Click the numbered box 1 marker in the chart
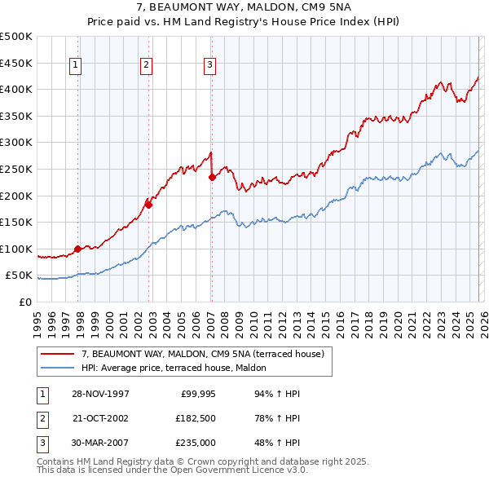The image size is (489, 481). pyautogui.click(x=75, y=66)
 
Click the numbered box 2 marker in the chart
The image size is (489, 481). pyautogui.click(x=146, y=66)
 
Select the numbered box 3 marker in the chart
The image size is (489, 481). pyautogui.click(x=209, y=66)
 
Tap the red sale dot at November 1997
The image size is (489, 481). pyautogui.click(x=78, y=249)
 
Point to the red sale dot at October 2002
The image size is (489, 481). pyautogui.click(x=149, y=205)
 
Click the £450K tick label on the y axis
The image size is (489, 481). pyautogui.click(x=16, y=63)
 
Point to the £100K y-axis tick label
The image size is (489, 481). pyautogui.click(x=16, y=249)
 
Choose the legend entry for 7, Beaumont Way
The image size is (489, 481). pyautogui.click(x=203, y=354)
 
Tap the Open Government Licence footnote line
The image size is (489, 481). pyautogui.click(x=172, y=470)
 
